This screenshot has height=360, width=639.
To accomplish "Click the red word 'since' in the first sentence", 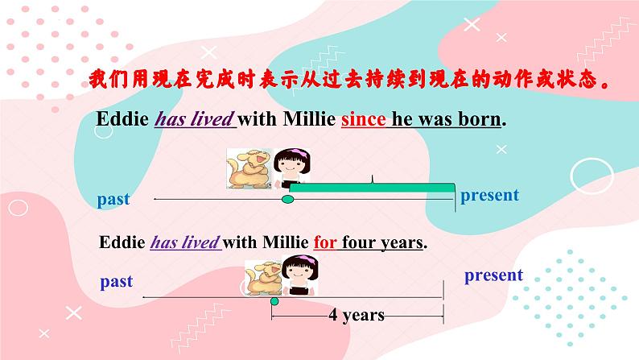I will tap(364, 119).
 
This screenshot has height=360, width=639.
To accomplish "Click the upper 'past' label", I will tap(113, 199).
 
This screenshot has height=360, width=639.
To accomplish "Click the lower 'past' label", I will tap(117, 282).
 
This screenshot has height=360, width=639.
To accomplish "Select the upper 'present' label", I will tap(489, 195).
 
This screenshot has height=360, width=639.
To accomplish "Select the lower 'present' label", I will tap(493, 275).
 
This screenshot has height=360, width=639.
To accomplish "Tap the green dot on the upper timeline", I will tap(287, 199).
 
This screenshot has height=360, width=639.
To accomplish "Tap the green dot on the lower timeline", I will tap(274, 301).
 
